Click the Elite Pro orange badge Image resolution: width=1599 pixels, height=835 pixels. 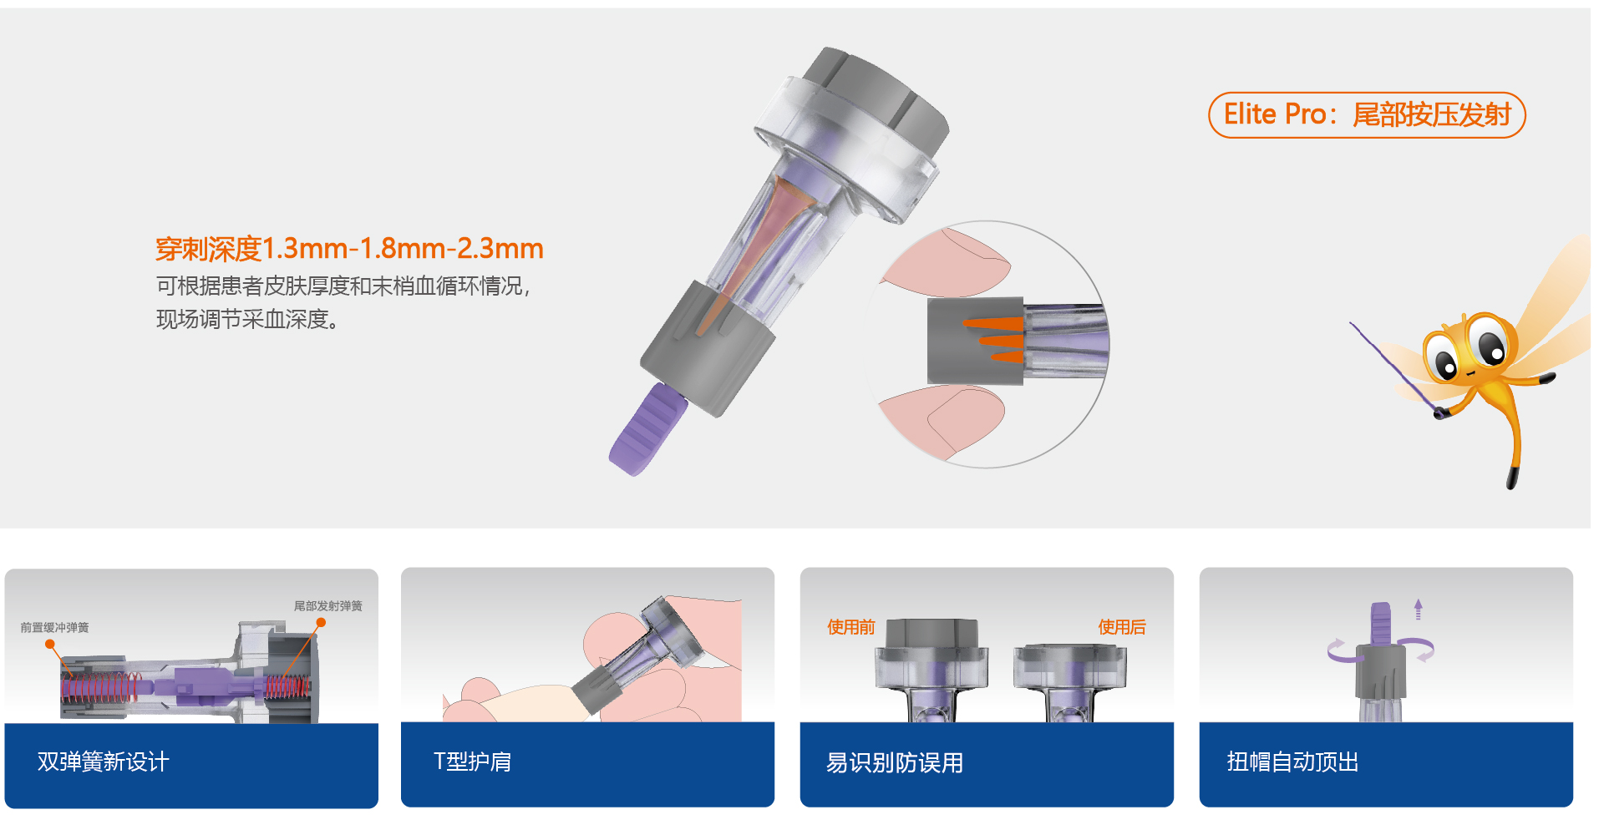point(1367,115)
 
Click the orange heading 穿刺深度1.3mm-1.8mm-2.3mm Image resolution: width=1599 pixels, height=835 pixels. point(349,249)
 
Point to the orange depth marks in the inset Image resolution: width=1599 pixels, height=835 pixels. point(994,341)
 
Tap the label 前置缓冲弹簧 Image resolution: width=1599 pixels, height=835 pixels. point(54,628)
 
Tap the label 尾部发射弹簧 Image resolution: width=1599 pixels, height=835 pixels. point(327,606)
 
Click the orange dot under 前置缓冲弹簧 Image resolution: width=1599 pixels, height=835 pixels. point(50,645)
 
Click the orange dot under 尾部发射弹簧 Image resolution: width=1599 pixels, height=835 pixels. point(321,623)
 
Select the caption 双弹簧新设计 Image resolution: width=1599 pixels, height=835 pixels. point(104,762)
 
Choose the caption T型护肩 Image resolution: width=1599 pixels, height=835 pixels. point(472,762)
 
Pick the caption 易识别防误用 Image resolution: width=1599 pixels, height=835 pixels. point(895,762)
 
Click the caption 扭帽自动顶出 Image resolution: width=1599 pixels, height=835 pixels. point(1293,762)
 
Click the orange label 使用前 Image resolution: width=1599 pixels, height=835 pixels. point(851,627)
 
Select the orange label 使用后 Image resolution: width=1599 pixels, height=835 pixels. point(1122,627)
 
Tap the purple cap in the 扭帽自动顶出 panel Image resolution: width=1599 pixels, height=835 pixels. point(1381,623)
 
